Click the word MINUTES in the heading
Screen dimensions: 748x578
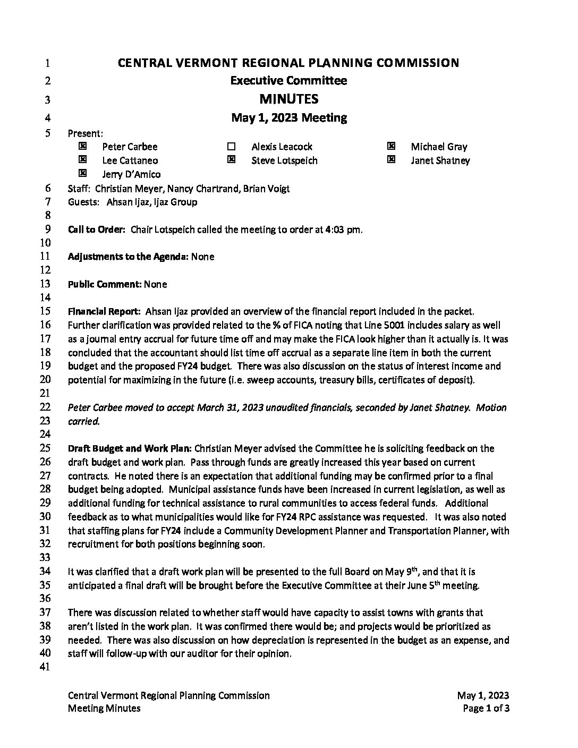tap(288, 99)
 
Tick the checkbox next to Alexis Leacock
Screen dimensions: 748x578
tap(231, 146)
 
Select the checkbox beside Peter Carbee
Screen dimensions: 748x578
tap(82, 146)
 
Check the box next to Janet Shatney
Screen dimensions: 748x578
tap(391, 159)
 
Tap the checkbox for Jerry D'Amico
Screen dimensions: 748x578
tap(82, 173)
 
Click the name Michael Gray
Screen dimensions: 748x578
tap(439, 147)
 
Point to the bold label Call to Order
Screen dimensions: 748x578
tap(96, 229)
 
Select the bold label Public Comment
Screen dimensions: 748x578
tap(104, 284)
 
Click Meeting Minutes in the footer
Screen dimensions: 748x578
tap(104, 708)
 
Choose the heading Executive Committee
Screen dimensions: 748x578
tap(288, 81)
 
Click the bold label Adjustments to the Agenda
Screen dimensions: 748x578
tap(127, 257)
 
